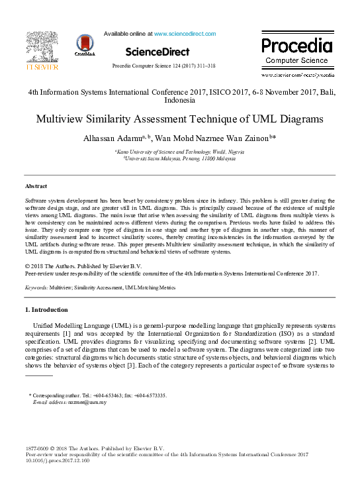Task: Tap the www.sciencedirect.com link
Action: [185, 33]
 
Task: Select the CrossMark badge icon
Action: [85, 46]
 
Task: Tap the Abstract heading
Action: [36, 187]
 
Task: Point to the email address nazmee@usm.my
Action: [83, 402]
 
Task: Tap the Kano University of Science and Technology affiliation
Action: [179, 152]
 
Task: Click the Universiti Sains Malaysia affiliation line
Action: [179, 159]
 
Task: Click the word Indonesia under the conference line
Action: [179, 101]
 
